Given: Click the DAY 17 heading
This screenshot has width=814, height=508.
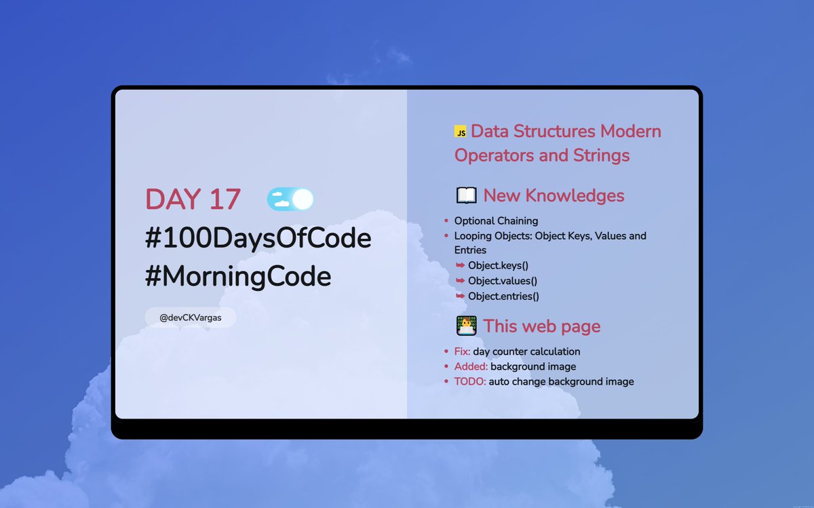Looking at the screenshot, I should (x=193, y=199).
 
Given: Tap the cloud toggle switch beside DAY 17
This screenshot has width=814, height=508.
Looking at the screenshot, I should (x=290, y=199).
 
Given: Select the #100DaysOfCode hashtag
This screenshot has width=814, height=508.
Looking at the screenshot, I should (x=258, y=238).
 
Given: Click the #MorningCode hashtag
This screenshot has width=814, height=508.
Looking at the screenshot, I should (x=237, y=277).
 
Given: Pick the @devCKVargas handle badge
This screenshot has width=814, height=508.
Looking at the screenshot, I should (x=190, y=317).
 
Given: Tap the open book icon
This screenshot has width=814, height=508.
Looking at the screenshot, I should (x=467, y=196).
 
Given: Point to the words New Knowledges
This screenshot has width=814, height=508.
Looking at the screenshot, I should (x=554, y=196).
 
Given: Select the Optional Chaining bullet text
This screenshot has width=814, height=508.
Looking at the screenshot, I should (x=496, y=220).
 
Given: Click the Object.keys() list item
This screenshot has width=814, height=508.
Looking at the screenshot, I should (x=498, y=265).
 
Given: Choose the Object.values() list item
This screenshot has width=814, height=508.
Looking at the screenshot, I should (x=503, y=281).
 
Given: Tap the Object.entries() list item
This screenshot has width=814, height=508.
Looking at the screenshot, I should (x=503, y=296).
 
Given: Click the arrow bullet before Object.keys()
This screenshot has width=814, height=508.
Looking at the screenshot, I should (x=460, y=265).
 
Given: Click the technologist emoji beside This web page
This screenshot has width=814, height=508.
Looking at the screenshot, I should (x=467, y=326).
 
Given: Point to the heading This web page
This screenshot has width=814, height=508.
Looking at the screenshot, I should (x=542, y=326).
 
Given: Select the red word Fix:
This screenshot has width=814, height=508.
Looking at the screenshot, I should (x=462, y=351).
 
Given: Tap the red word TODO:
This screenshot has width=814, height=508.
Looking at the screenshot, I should (x=470, y=381).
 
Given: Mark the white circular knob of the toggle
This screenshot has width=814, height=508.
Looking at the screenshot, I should (x=303, y=199).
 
